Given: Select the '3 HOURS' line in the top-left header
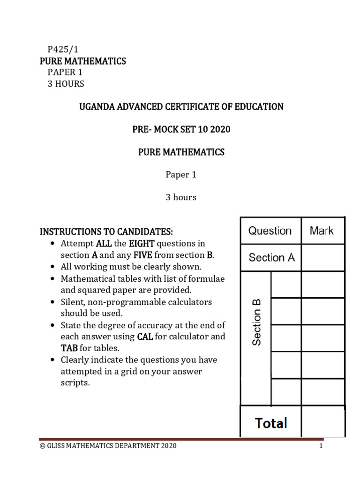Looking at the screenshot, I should (x=66, y=84).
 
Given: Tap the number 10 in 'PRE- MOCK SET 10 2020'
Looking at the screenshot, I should (x=204, y=129).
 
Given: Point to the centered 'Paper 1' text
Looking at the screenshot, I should (x=180, y=174).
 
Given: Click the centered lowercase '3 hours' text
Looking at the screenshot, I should (x=180, y=197).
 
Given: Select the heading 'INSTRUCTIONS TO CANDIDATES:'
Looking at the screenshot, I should (x=106, y=232).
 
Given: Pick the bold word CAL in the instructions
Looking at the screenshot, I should (x=145, y=337).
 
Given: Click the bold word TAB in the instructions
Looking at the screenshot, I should (x=69, y=348).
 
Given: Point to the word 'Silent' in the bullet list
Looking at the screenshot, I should (x=73, y=302).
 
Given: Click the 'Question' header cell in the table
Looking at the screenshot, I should (x=270, y=231).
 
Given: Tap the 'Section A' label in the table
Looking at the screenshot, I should (x=271, y=257).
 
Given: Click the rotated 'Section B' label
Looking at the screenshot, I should (x=256, y=322).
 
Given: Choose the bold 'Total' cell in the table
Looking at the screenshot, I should (x=271, y=423).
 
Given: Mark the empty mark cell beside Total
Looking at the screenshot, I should (x=322, y=421).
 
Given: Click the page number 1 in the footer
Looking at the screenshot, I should (x=321, y=446).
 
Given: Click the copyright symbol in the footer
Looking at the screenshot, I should (x=42, y=446).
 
